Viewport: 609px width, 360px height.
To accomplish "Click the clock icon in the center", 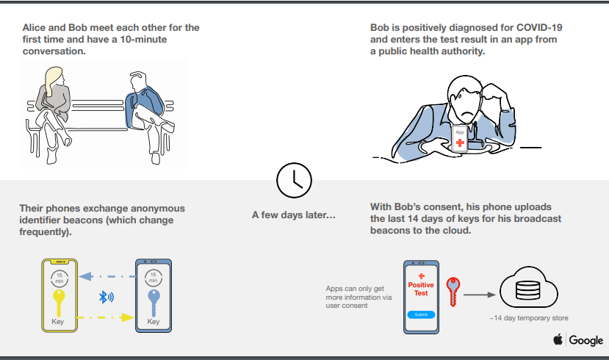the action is [294, 180].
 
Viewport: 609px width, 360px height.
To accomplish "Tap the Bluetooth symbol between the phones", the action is [106, 298].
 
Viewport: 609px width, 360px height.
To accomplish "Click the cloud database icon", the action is [529, 287].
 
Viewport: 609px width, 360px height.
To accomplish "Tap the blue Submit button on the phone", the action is [421, 314].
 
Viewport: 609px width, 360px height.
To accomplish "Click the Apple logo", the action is [558, 339].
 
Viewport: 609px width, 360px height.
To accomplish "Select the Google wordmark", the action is [586, 340].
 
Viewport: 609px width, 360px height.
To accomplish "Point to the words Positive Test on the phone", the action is [421, 289].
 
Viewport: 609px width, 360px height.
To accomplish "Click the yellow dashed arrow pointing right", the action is [106, 317].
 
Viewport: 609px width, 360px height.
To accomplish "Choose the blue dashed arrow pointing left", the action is [107, 276].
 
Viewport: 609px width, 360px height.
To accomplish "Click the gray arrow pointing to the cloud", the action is [479, 295].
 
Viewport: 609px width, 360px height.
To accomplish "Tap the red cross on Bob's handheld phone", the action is [460, 143].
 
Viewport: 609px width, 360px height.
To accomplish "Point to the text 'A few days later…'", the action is [294, 215].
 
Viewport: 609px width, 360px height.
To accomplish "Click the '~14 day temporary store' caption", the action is [529, 318].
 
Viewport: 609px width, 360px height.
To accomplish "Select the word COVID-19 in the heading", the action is [539, 28].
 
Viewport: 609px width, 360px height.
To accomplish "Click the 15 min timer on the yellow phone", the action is [59, 278].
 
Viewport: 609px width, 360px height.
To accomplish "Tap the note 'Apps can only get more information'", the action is [358, 297].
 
